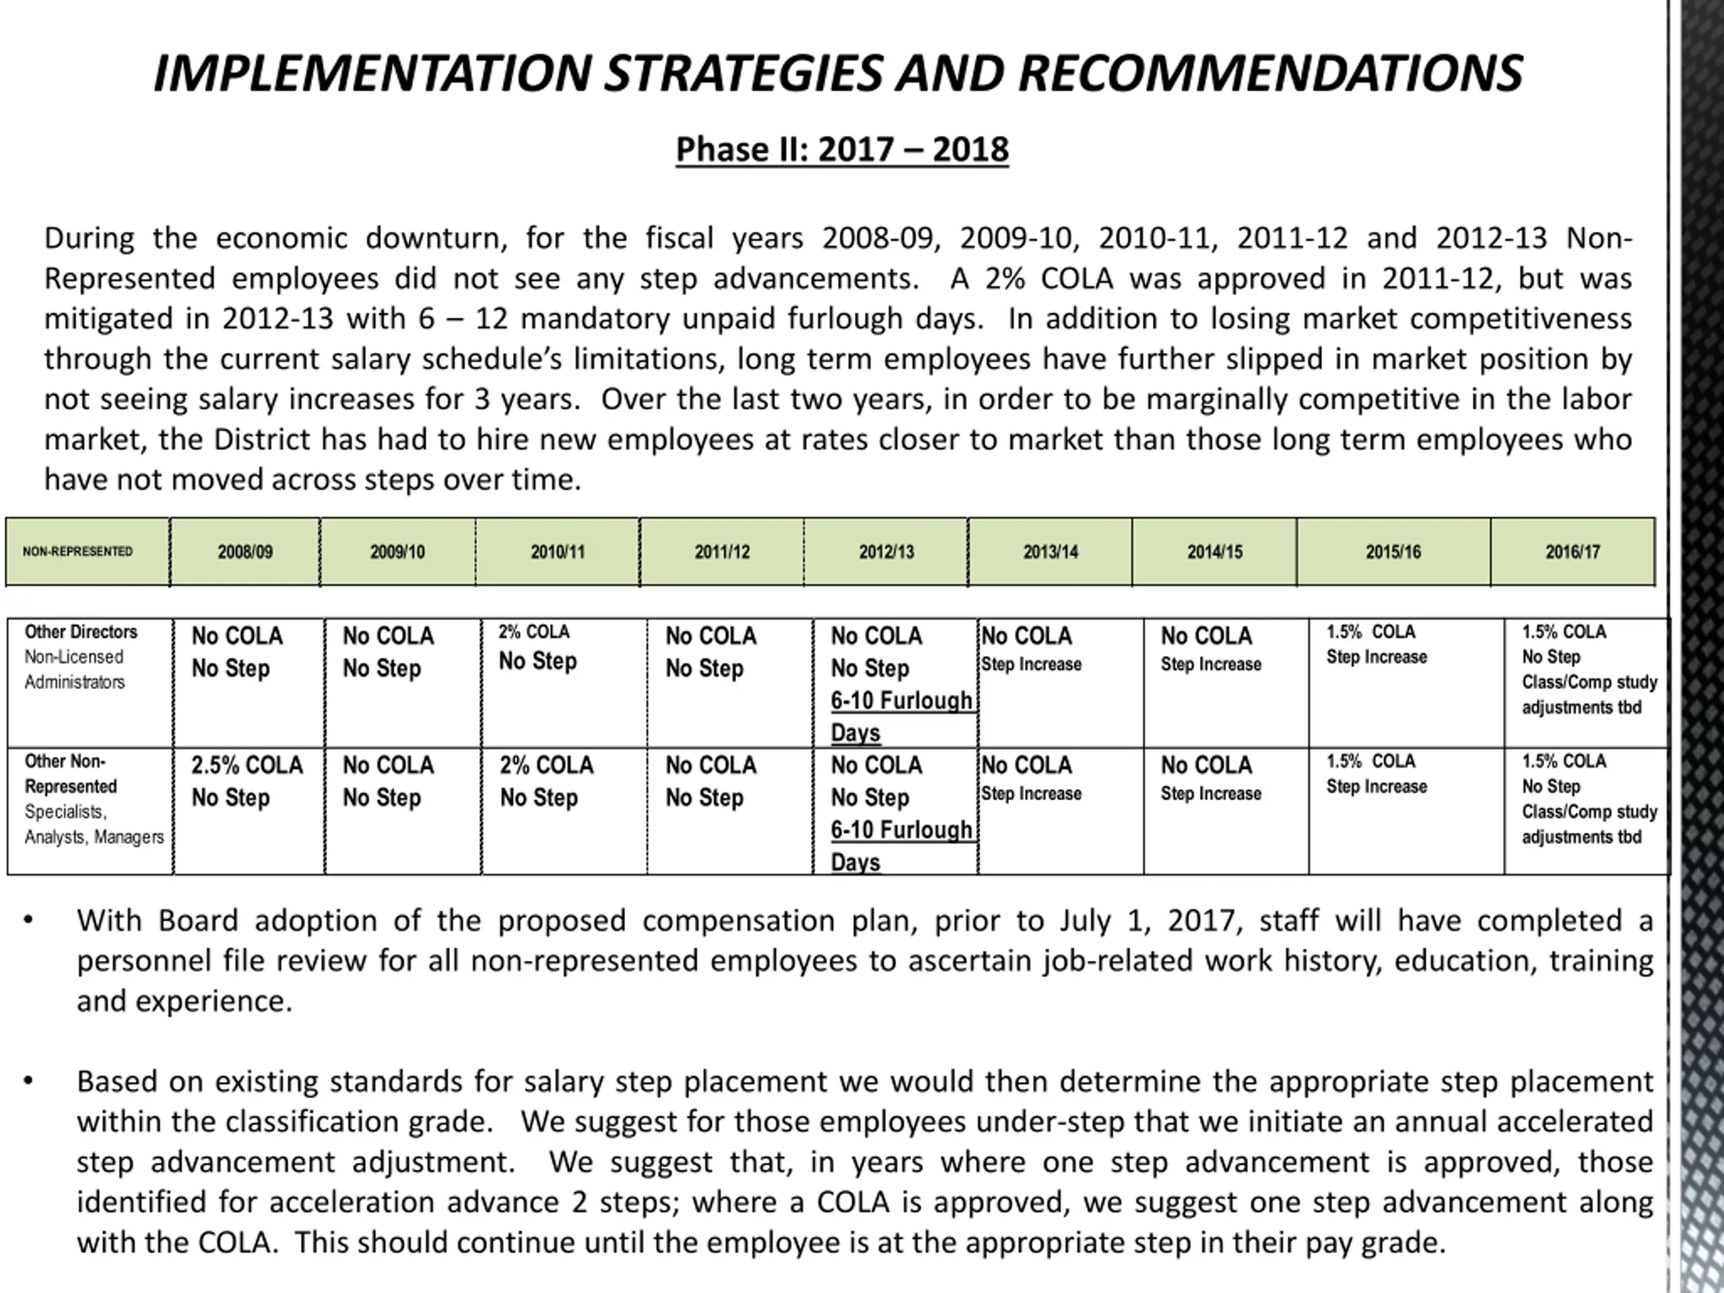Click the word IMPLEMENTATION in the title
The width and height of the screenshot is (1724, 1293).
pos(372,74)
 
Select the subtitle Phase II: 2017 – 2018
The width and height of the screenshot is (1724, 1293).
pos(842,149)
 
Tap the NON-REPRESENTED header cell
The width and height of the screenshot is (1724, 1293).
pos(78,552)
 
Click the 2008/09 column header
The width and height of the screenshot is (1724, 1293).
pos(244,552)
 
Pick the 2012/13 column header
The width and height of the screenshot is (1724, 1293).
pos(886,552)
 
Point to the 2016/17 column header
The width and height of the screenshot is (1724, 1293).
pos(1572,552)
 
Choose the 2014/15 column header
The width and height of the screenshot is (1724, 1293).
pos(1214,552)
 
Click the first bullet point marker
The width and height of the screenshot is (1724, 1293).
pos(29,921)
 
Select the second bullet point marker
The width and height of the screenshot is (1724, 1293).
pos(29,1081)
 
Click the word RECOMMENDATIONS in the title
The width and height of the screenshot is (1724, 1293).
pos(1269,74)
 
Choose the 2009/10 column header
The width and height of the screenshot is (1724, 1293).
pos(397,552)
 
